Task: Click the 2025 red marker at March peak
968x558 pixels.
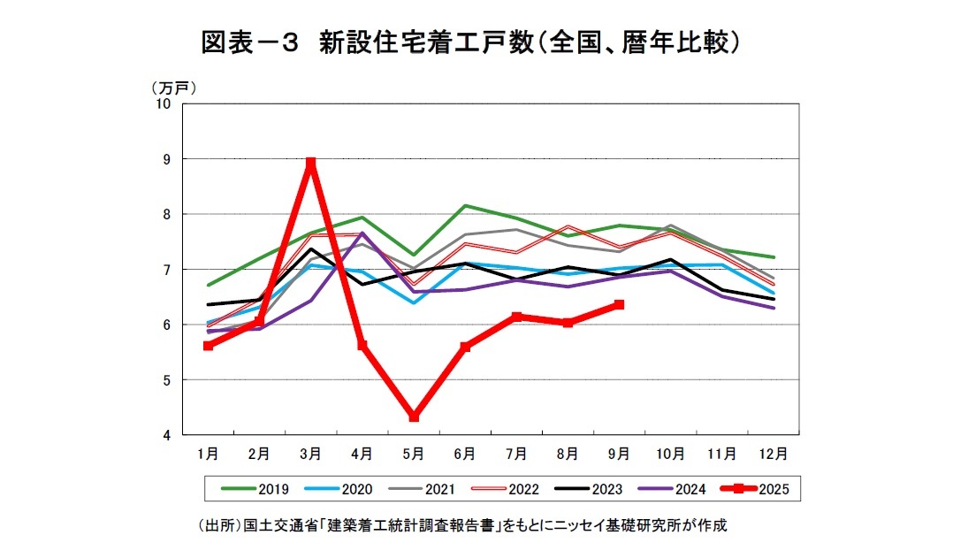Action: [x=310, y=164]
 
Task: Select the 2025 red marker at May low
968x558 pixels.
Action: [x=414, y=417]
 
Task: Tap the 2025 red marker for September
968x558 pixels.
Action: [x=619, y=304]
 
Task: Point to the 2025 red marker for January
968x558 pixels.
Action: [x=208, y=346]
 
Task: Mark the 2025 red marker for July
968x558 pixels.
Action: [x=516, y=317]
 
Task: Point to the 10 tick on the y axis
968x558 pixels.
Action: [x=163, y=103]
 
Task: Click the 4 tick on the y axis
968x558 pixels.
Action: [x=166, y=435]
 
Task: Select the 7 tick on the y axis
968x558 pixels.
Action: [x=166, y=270]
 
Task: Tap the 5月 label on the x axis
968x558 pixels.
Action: [x=414, y=453]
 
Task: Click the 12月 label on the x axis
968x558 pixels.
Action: [x=774, y=453]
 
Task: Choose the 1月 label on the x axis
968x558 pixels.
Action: [x=208, y=453]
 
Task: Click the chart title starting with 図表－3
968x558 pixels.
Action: [x=469, y=42]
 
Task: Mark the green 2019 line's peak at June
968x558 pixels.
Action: [x=465, y=205]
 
